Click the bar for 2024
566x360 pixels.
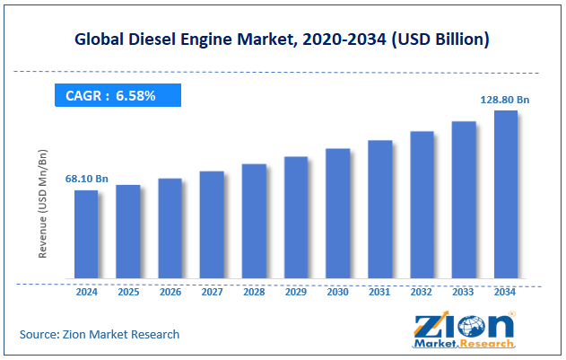(86, 234)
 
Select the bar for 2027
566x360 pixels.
(212, 224)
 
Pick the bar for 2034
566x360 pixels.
(506, 195)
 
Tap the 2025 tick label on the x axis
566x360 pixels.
(127, 292)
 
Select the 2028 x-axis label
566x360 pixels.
(254, 292)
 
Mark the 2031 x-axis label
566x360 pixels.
(379, 292)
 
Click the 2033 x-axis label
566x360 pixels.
(464, 292)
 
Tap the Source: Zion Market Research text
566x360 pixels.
(100, 334)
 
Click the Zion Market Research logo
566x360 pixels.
(464, 329)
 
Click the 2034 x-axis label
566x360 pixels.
(506, 292)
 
